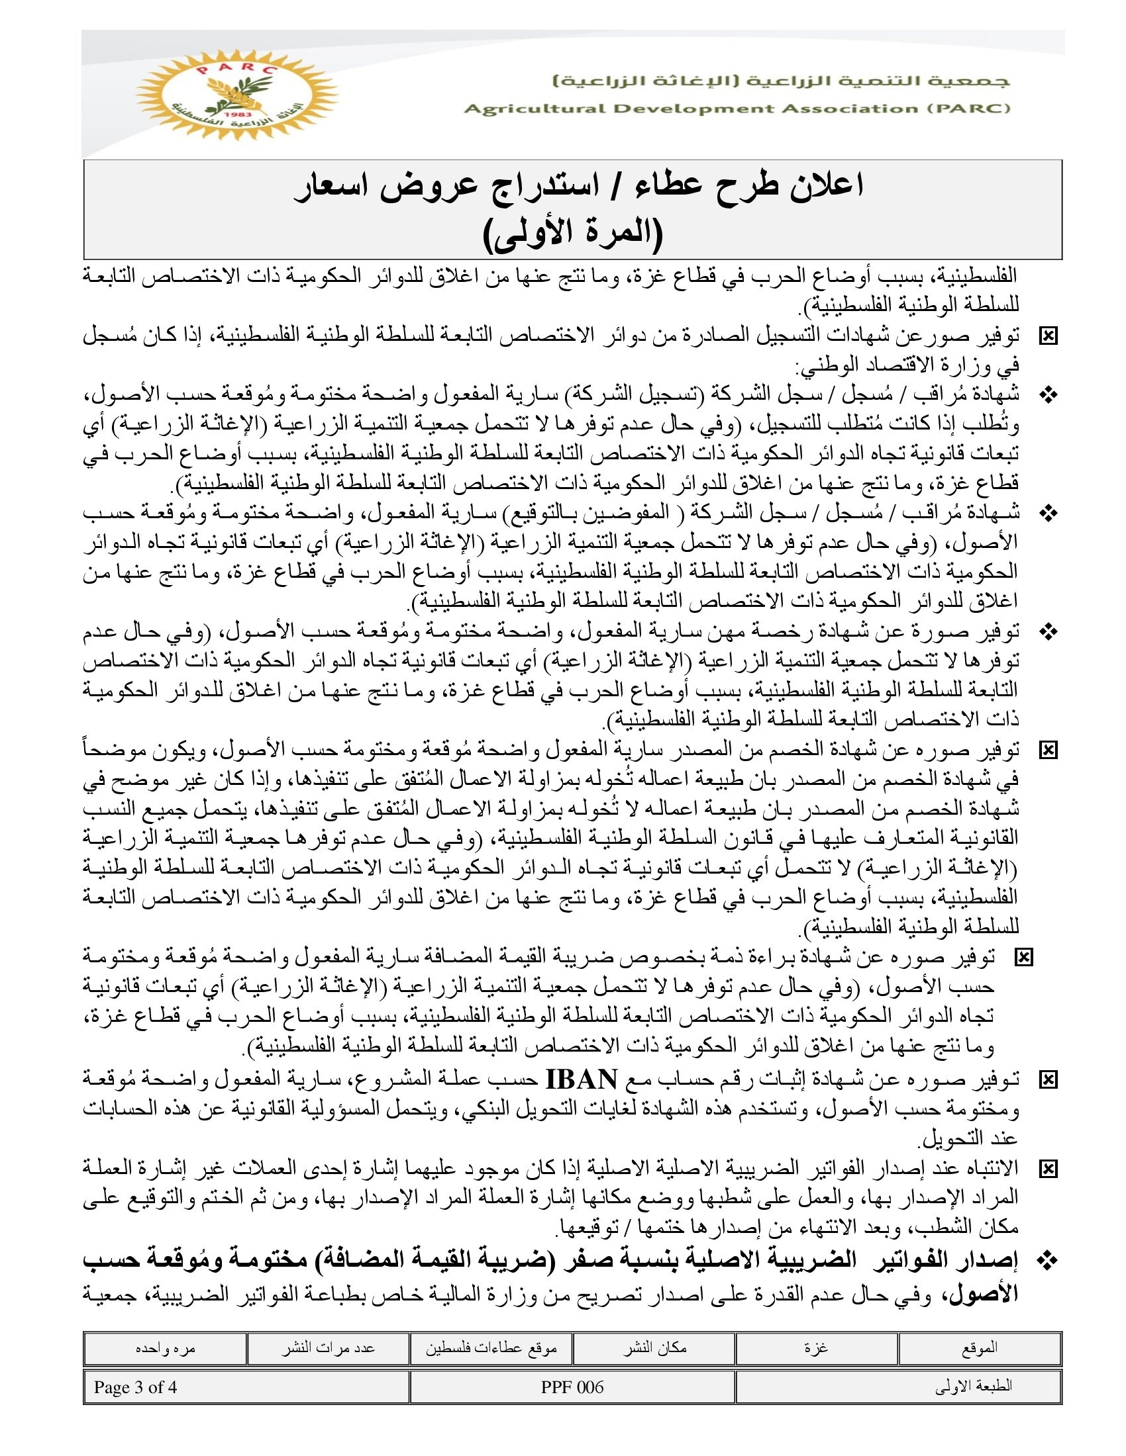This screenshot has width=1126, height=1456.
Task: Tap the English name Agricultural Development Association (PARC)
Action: click(x=737, y=109)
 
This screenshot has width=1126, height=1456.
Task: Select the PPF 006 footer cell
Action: click(x=572, y=1387)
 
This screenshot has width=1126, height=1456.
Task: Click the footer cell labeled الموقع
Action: click(x=979, y=1347)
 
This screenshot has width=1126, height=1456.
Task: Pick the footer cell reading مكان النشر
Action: click(x=654, y=1347)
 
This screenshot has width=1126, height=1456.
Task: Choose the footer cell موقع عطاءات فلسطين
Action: click(x=491, y=1347)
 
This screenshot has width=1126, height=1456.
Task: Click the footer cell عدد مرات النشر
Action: click(x=327, y=1347)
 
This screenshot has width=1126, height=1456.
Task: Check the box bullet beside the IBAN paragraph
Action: click(x=1049, y=1079)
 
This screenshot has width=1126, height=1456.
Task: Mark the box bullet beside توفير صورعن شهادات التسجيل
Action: click(x=1049, y=337)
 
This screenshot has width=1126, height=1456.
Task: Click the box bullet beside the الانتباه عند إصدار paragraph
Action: click(x=1049, y=1168)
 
